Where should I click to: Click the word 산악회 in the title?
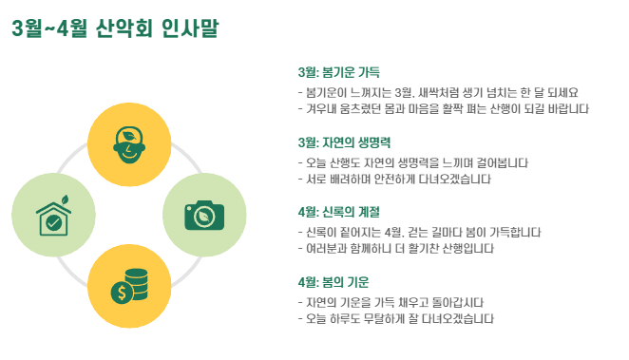click(124, 28)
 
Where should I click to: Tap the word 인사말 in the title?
click(190, 28)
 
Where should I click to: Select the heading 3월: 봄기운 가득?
click(338, 72)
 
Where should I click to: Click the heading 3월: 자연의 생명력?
click(344, 142)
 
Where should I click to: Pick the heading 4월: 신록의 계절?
click(338, 212)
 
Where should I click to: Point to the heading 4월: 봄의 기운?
click(334, 282)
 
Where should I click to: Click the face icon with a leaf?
click(129, 144)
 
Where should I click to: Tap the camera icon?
click(204, 216)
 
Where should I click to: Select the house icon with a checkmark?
click(54, 216)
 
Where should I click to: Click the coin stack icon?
click(129, 286)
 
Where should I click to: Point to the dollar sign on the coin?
click(122, 293)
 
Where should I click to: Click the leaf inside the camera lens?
click(204, 217)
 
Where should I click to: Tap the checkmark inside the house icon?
click(53, 222)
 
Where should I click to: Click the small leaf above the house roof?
click(65, 199)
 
